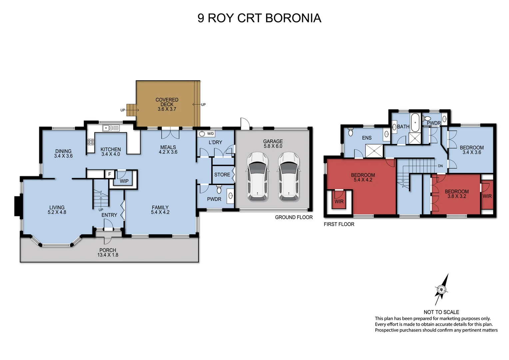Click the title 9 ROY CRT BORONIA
pyautogui.click(x=259, y=18)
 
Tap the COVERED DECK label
pyautogui.click(x=167, y=104)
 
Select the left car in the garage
pyautogui.click(x=257, y=176)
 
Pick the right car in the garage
pyautogui.click(x=289, y=176)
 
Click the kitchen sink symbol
pyautogui.click(x=111, y=128)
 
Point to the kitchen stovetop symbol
pyautogui.click(x=91, y=142)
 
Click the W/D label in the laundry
pyautogui.click(x=211, y=134)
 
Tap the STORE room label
pyautogui.click(x=222, y=175)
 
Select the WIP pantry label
pyautogui.click(x=124, y=181)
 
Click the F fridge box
pyautogui.click(x=109, y=174)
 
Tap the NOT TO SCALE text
pyautogui.click(x=441, y=312)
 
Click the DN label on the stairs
pyautogui.click(x=440, y=166)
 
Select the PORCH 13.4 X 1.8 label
pyautogui.click(x=108, y=252)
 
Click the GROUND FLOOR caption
pyautogui.click(x=293, y=217)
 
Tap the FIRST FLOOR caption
pyautogui.click(x=339, y=224)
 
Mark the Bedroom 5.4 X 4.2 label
pyautogui.click(x=363, y=177)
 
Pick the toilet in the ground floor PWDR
pyautogui.click(x=219, y=190)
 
